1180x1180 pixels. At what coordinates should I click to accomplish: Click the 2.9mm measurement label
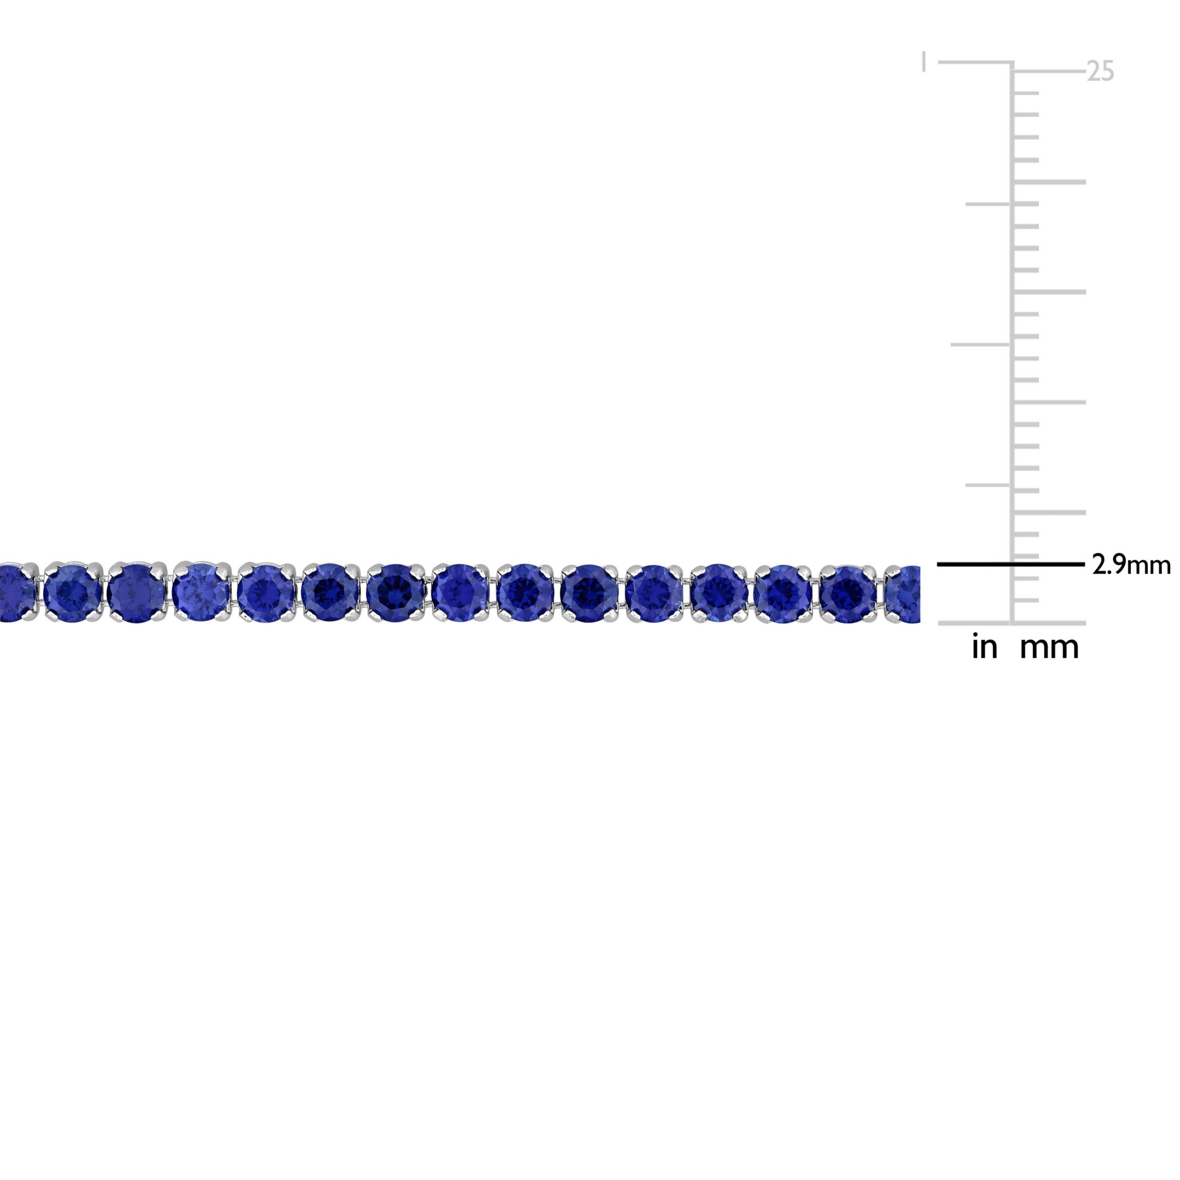point(1131,565)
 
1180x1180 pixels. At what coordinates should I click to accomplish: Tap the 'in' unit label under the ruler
point(985,647)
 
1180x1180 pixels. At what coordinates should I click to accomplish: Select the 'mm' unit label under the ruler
point(1049,648)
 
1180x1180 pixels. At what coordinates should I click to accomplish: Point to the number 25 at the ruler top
point(1100,71)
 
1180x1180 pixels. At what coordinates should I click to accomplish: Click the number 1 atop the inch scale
point(924,62)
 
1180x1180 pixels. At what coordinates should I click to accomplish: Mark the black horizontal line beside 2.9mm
point(1010,564)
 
